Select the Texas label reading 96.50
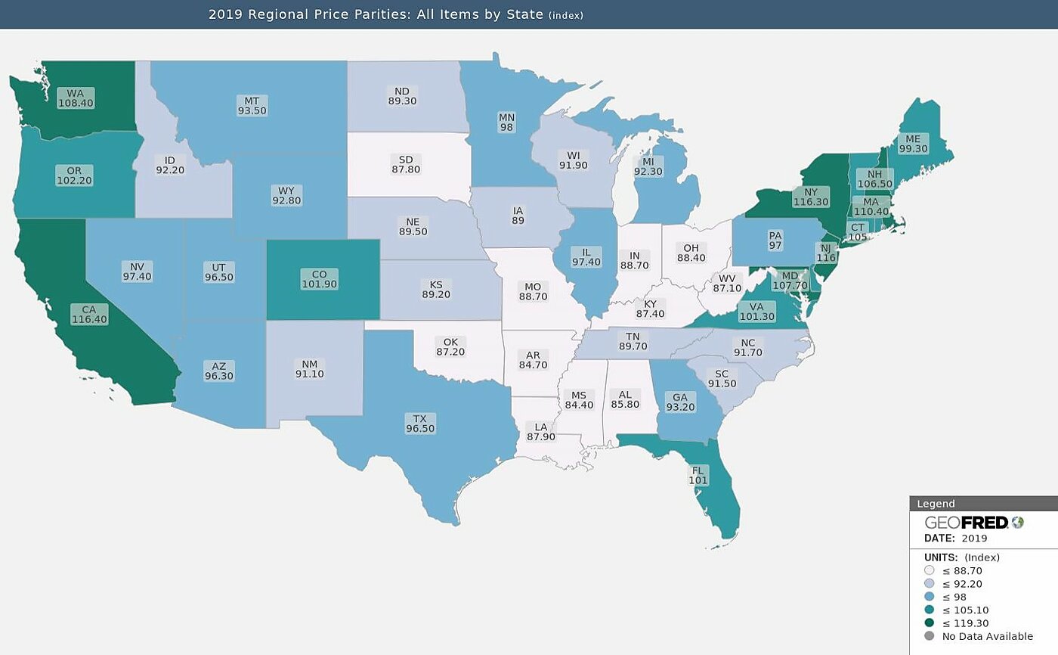pos(420,424)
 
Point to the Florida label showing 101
pos(698,475)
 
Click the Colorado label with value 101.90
pos(319,279)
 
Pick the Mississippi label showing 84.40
pos(579,400)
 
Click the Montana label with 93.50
pos(252,105)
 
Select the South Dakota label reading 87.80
pos(406,164)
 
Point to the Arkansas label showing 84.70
pos(533,360)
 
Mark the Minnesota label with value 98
pos(506,123)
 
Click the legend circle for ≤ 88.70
pos(929,570)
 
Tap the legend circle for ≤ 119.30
pos(929,622)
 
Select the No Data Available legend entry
pos(987,636)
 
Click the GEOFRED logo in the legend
pos(973,523)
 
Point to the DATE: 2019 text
pos(955,539)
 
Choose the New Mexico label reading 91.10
pos(311,368)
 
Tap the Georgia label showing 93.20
pos(679,402)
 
